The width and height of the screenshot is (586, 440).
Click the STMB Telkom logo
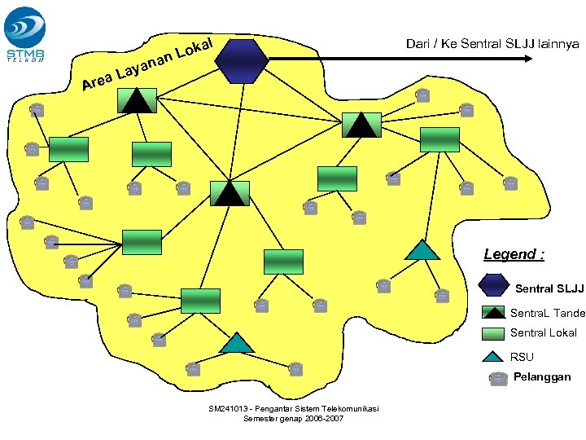tap(27, 34)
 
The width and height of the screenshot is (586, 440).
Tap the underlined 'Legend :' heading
tap(514, 254)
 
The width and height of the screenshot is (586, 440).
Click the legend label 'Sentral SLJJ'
tap(549, 288)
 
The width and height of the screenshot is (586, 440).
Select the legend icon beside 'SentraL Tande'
tap(493, 312)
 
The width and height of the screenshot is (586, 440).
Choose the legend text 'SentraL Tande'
tap(548, 313)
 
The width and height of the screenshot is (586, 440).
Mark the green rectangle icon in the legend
tap(493, 333)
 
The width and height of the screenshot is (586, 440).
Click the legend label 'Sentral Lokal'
tap(544, 333)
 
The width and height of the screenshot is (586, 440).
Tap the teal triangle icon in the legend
tap(493, 356)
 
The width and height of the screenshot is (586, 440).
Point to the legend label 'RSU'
tap(522, 357)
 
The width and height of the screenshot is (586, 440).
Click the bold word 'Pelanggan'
tap(542, 377)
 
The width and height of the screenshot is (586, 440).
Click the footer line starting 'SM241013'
tap(293, 408)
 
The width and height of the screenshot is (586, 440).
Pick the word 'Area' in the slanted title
tap(97, 81)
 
